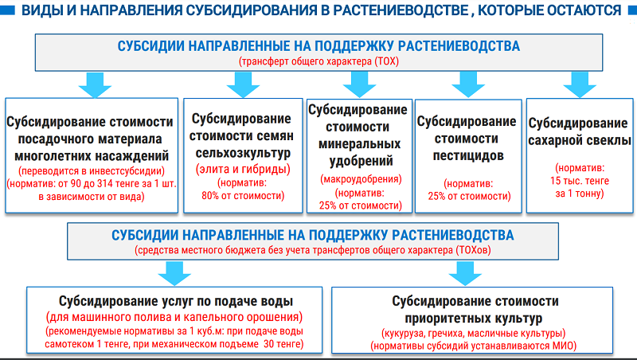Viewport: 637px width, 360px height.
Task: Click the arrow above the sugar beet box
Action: [x=580, y=84]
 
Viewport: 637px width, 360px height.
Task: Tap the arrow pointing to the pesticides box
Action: [x=468, y=84]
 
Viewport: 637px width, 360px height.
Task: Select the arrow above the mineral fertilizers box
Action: [x=359, y=84]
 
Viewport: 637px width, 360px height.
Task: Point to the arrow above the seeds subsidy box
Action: [x=243, y=84]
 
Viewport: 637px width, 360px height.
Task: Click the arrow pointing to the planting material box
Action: [x=95, y=84]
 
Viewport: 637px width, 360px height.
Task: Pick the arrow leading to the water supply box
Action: [x=174, y=273]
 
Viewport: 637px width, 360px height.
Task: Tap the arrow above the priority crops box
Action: [x=465, y=273]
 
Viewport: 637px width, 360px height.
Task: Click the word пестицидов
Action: [x=468, y=155]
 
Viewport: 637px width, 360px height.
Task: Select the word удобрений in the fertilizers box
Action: [x=361, y=161]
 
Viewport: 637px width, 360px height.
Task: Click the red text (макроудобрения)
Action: [x=361, y=178]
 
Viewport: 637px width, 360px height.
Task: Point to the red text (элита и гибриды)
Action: [x=243, y=169]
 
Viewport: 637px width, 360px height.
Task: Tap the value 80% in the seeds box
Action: [x=210, y=195]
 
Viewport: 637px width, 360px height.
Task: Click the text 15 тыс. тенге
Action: [x=580, y=181]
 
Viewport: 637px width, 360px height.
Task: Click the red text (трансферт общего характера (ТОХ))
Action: [x=319, y=61]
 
